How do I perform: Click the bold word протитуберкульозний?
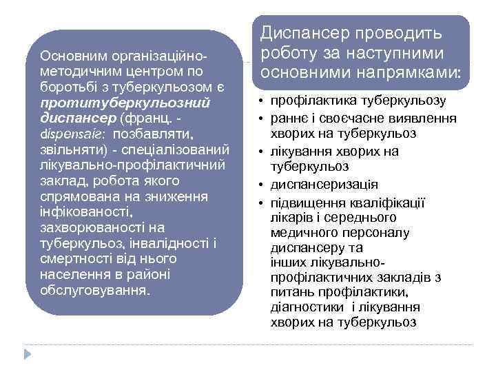126,102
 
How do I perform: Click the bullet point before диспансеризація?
262,185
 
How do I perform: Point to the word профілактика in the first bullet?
309,101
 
